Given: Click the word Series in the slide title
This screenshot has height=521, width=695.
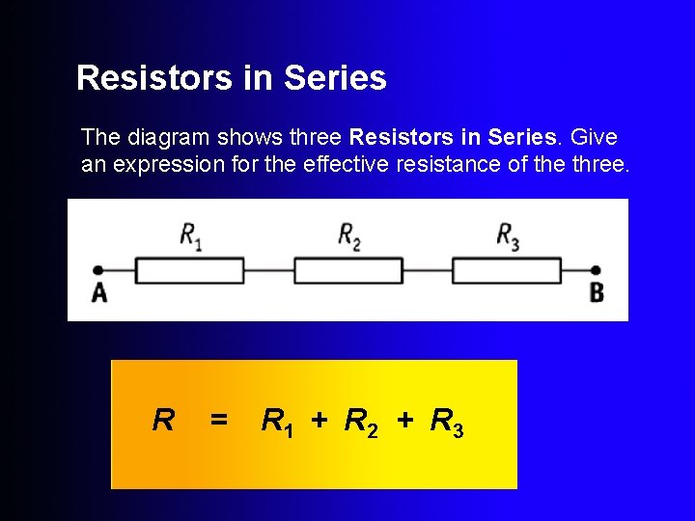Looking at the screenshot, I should [x=335, y=78].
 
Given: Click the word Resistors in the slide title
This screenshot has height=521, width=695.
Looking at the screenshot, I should [x=157, y=78].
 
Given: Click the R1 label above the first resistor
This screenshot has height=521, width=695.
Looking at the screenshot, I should [x=190, y=235].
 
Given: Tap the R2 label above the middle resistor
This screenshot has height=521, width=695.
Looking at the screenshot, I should [x=348, y=235].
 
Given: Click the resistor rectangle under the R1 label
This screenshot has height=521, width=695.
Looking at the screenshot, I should [x=189, y=270].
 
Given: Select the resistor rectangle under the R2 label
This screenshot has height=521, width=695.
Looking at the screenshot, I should [x=348, y=270].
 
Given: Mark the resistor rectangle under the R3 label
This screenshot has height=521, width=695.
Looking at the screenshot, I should [x=507, y=270].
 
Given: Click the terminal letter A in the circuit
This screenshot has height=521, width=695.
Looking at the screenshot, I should [x=99, y=292].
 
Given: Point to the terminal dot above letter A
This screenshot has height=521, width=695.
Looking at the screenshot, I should [x=97, y=271].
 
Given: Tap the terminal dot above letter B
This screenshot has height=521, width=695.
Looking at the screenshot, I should [x=597, y=271].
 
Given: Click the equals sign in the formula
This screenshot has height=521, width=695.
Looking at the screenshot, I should [x=219, y=421].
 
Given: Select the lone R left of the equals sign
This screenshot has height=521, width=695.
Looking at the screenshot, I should [x=164, y=421].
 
